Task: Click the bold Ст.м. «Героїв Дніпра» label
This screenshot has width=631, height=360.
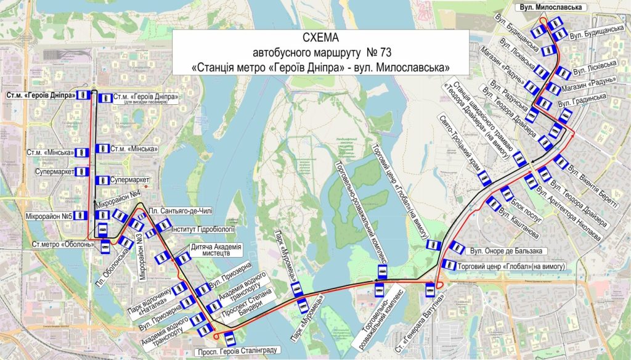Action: pos(39,95)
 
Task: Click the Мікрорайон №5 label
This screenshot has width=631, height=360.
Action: pos(49,216)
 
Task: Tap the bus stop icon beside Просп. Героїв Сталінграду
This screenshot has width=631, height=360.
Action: pos(230,337)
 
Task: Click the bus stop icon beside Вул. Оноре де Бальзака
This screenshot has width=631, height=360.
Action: pos(457,247)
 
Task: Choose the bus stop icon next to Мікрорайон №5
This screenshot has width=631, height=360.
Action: pos(83,216)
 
